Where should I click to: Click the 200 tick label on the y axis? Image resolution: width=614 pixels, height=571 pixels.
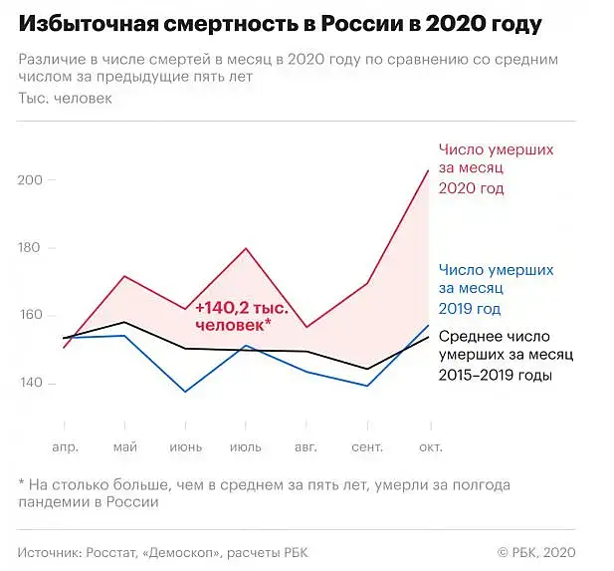coord(30,180)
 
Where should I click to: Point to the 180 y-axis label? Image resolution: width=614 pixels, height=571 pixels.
coord(30,247)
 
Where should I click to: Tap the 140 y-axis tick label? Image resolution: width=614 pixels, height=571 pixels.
coord(30,383)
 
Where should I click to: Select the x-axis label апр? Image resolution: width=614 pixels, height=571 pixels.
coord(66,447)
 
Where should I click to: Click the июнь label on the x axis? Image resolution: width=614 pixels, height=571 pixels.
coord(186,447)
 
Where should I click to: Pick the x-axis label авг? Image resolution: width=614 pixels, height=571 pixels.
coord(306,447)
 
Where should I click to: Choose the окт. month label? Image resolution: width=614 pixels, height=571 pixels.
coord(431,447)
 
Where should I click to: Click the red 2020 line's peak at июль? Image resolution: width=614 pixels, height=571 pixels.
coord(246,248)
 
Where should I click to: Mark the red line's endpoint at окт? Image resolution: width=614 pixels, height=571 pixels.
coord(428,170)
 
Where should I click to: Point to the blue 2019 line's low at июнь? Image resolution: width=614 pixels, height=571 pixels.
coord(185,392)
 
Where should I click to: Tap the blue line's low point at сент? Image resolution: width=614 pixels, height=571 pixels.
coord(367,386)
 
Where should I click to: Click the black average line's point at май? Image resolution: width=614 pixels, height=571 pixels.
coord(124,322)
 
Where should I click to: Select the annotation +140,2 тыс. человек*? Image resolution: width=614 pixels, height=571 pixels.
coord(242,317)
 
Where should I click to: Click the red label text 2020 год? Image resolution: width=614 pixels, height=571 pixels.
coord(471,188)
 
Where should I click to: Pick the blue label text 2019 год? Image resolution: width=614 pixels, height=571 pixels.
coord(470,309)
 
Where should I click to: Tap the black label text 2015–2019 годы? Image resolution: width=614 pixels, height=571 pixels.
coord(496,376)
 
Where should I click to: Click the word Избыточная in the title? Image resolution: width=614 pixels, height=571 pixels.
coord(89,24)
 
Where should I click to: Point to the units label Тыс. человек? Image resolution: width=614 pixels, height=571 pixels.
coord(65,98)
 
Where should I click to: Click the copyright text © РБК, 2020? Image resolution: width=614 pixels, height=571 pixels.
coord(536,553)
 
